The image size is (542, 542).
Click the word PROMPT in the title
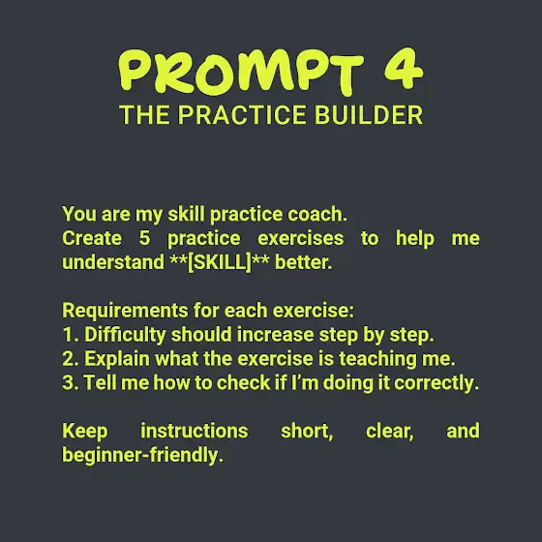pyautogui.click(x=241, y=72)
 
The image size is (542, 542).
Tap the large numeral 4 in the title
pyautogui.click(x=404, y=69)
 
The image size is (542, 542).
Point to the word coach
pyautogui.click(x=317, y=214)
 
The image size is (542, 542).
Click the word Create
pyautogui.click(x=92, y=238)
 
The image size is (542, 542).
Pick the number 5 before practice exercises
pyautogui.click(x=144, y=238)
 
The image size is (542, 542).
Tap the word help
pyautogui.click(x=415, y=239)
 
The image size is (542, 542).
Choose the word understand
pyautogui.click(x=113, y=262)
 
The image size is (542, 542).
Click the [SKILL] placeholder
pyautogui.click(x=220, y=262)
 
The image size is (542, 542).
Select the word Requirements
pyautogui.click(x=125, y=311)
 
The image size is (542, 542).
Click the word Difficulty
pyautogui.click(x=125, y=335)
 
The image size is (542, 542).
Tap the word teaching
pyautogui.click(x=377, y=359)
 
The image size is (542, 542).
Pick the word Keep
pyautogui.click(x=85, y=432)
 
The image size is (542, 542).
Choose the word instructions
pyautogui.click(x=195, y=431)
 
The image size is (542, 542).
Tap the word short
pyautogui.click(x=307, y=432)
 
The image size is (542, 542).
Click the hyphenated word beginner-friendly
pyautogui.click(x=142, y=455)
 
